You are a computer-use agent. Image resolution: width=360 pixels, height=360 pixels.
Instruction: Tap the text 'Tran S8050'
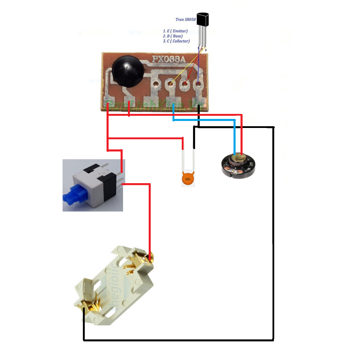pos(185,20)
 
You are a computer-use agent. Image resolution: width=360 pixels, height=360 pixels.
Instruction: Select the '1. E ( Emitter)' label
pos(175,31)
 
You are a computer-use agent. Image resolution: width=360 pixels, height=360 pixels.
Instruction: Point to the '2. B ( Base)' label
pos(173,36)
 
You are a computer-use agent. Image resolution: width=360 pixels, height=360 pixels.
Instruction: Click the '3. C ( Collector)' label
pos(176,41)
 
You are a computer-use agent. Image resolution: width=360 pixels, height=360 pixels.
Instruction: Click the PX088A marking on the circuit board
pos(168,60)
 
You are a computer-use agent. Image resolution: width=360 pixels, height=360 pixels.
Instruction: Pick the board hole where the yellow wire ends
pos(171,84)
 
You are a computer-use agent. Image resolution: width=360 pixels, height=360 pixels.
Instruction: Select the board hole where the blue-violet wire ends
pos(198,84)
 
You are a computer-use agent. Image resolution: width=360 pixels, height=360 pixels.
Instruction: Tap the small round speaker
pos(238,165)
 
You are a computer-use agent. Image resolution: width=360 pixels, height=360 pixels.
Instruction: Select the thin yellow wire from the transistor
pos(186,67)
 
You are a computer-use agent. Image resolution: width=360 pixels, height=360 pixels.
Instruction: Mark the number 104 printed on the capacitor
pos(188,180)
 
